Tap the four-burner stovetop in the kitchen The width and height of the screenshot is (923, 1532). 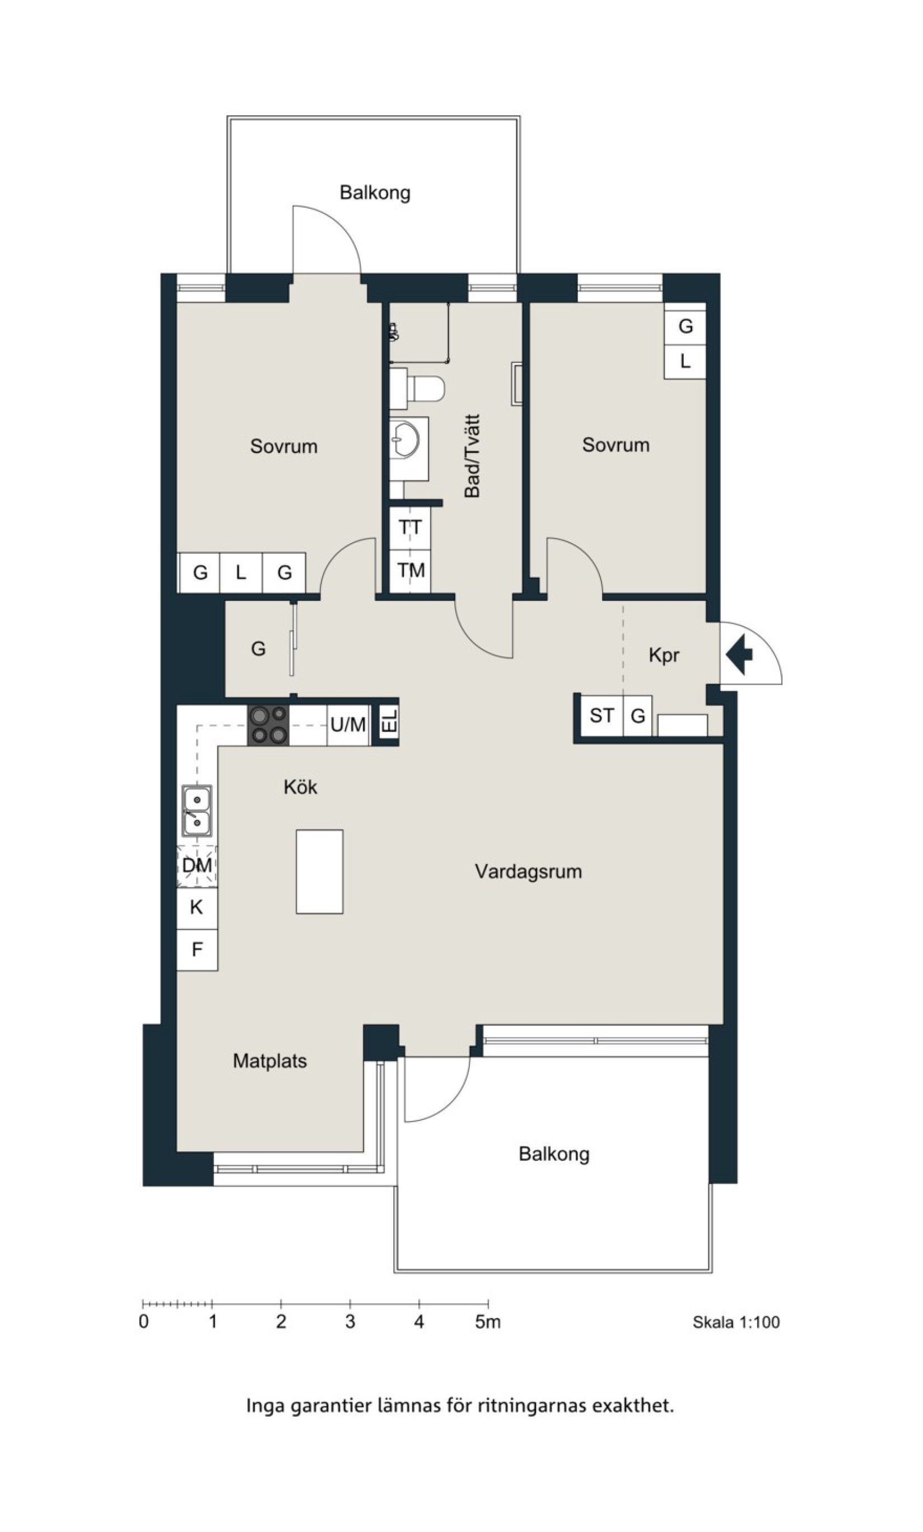coord(269,725)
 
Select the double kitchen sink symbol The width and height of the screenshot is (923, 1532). coord(197,811)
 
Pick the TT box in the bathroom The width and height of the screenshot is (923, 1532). coord(410,528)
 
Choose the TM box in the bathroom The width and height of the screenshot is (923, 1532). coord(410,571)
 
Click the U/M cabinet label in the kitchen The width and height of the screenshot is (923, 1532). coord(348,725)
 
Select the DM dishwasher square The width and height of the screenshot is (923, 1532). coord(197,866)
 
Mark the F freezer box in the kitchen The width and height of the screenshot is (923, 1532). coord(197,950)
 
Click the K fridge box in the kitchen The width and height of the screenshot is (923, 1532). coord(197,908)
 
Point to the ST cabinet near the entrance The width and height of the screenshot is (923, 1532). coord(602,716)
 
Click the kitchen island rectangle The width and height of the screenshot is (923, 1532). coord(319,872)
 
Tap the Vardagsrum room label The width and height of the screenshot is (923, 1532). coord(528,872)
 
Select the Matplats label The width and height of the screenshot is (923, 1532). coord(270,1061)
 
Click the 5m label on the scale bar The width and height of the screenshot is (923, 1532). coord(488,1323)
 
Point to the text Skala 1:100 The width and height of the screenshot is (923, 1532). coord(736,1323)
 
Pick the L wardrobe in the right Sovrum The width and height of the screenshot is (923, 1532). coord(685,361)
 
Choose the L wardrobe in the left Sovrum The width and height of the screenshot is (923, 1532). coord(241,572)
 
